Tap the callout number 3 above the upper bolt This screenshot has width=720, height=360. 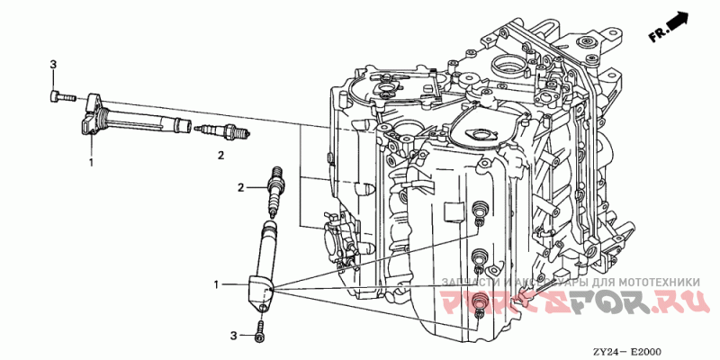click(x=53, y=64)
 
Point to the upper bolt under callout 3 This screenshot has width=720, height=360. click(x=58, y=94)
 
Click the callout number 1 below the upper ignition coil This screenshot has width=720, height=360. click(x=91, y=163)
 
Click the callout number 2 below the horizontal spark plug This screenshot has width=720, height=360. click(x=220, y=156)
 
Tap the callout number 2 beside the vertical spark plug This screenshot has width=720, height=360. click(x=241, y=188)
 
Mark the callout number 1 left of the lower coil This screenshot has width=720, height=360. click(x=216, y=285)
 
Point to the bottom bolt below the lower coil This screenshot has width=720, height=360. click(x=260, y=328)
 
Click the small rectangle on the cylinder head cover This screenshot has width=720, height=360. click(x=454, y=209)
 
